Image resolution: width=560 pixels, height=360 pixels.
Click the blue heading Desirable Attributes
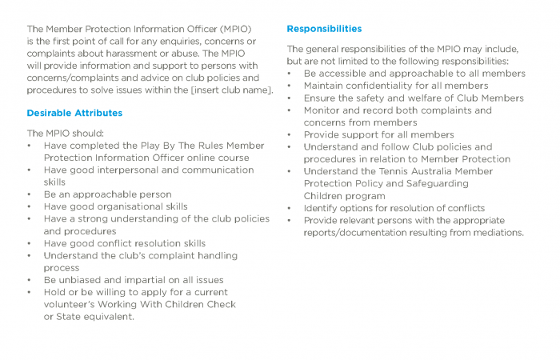(74, 113)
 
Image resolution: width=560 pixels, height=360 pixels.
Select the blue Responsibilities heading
(324, 29)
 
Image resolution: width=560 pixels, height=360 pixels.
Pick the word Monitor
(323, 110)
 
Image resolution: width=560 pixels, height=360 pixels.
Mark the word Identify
(322, 208)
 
